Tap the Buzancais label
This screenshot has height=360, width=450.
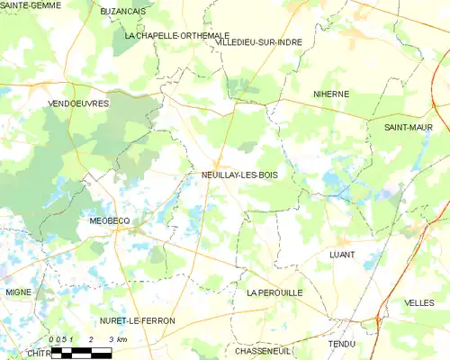pyautogui.click(x=123, y=11)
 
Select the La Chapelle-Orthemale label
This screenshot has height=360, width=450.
pyautogui.click(x=177, y=35)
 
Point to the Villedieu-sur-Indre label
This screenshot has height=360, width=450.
pyautogui.click(x=258, y=41)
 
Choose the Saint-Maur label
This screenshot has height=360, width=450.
pyautogui.click(x=409, y=128)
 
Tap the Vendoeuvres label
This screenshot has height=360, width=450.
pyautogui.click(x=78, y=104)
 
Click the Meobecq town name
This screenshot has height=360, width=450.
pyautogui.click(x=111, y=220)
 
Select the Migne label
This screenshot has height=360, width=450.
pyautogui.click(x=18, y=292)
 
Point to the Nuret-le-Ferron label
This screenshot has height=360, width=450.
pyautogui.click(x=139, y=320)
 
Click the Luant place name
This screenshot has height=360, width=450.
pyautogui.click(x=342, y=255)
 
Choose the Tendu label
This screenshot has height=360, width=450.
pyautogui.click(x=342, y=344)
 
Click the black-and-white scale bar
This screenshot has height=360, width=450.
pyautogui.click(x=81, y=353)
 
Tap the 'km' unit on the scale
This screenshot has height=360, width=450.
pyautogui.click(x=121, y=339)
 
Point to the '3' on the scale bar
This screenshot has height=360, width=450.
pyautogui.click(x=110, y=339)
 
